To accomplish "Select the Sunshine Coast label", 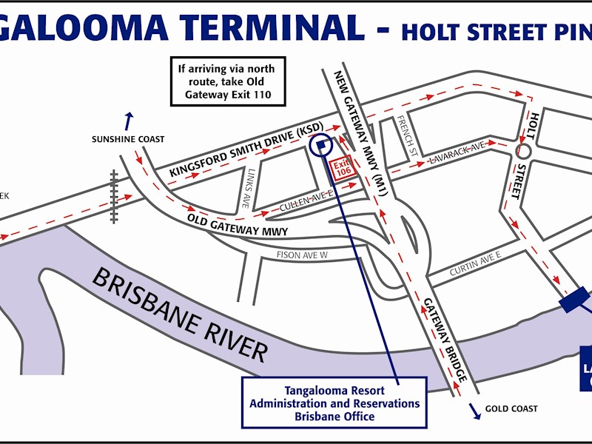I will tap(128, 139).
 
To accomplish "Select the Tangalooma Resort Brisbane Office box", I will tap(334, 403).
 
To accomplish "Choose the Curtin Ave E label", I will tap(475, 264).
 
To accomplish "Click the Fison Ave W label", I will tap(302, 255).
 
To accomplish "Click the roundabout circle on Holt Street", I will tap(524, 151).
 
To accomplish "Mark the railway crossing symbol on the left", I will tap(114, 195).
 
